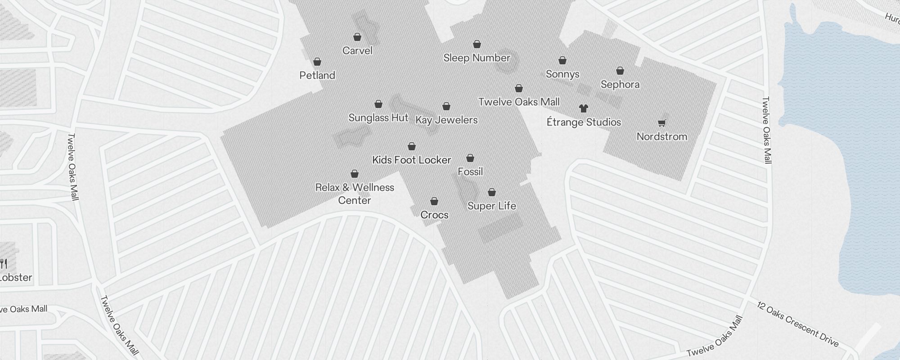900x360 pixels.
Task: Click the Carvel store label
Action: point(357,50)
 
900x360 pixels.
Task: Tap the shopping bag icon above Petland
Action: point(317,62)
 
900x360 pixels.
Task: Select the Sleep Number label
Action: point(477,58)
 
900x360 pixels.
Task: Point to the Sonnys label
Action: point(562,74)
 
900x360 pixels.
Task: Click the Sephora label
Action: point(620,84)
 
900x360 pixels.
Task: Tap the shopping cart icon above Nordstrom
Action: point(661,122)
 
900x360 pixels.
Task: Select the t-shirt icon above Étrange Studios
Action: point(584,108)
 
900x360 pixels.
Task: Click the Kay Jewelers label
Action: point(446,120)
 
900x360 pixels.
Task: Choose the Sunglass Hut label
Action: point(378,117)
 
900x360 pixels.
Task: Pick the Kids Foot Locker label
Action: point(411,160)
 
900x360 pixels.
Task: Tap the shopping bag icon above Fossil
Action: point(470,158)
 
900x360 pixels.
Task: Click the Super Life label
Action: point(491,206)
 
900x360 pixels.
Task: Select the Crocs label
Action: point(434,215)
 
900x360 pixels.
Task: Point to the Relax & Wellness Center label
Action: point(355,193)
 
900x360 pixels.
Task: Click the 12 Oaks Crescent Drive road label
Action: point(797,324)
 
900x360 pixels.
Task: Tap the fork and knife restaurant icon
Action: point(4,263)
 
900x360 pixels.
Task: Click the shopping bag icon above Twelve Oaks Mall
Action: point(519,88)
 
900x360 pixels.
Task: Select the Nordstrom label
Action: point(661,136)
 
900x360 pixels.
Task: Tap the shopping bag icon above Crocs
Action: point(434,201)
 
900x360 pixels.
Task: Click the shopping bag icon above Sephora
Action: point(620,71)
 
